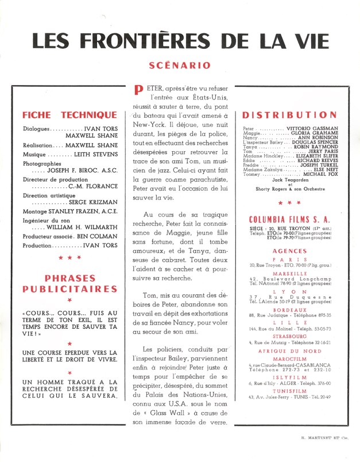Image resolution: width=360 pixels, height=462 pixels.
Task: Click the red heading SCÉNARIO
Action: pyautogui.click(x=179, y=66)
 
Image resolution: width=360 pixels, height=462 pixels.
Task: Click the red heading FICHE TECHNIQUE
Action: pyautogui.click(x=69, y=114)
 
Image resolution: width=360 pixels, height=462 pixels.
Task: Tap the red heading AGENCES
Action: pyautogui.click(x=290, y=252)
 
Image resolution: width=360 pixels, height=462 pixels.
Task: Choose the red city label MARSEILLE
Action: pyautogui.click(x=290, y=274)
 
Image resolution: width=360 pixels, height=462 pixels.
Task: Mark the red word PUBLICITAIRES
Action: pyautogui.click(x=69, y=288)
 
